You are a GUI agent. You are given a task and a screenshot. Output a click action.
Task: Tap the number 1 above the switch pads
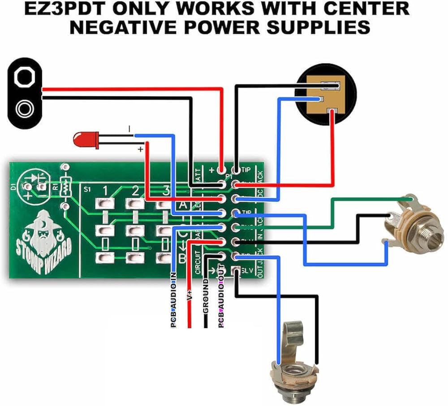(x=105, y=191)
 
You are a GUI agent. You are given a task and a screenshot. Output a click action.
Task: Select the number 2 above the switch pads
(x=135, y=191)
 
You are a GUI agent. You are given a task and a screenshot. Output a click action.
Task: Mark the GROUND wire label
(x=206, y=300)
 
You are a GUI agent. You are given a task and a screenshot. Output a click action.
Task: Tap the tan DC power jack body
(x=326, y=97)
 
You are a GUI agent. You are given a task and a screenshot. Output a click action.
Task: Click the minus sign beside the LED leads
(x=130, y=129)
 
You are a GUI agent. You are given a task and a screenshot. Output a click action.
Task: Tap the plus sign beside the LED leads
(x=140, y=149)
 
